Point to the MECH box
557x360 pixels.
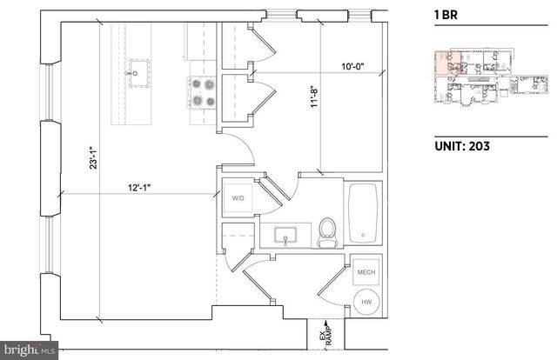coord(366,273)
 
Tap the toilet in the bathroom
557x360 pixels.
coord(328,232)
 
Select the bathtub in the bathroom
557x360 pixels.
coord(361,213)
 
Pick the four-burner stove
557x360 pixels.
coord(201,92)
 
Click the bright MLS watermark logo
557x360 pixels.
coord(28,351)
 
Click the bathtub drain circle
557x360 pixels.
coord(361,236)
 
